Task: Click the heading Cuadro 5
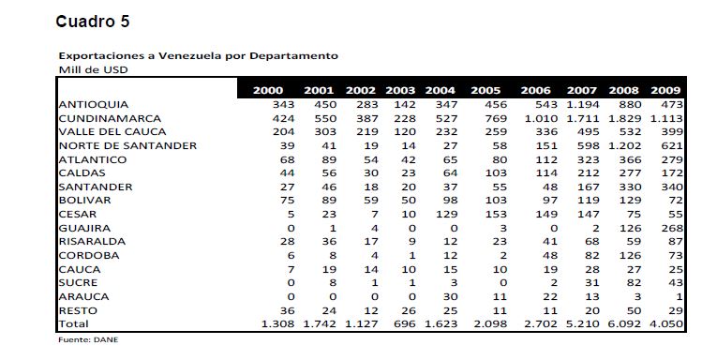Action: point(93,22)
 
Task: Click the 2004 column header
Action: point(440,90)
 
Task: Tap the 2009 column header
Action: point(665,90)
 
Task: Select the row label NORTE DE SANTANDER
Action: point(127,146)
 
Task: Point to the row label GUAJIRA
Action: point(84,228)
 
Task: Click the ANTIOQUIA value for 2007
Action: point(583,105)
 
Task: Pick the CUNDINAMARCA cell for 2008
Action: point(624,118)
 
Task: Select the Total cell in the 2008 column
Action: point(624,324)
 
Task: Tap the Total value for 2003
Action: point(404,324)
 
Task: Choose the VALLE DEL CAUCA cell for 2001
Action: point(325,132)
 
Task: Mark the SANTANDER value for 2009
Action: point(672,187)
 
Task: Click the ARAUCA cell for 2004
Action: point(450,297)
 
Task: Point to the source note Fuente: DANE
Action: point(88,340)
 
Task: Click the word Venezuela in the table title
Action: point(190,56)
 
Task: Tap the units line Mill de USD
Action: point(94,70)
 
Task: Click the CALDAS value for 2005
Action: point(496,173)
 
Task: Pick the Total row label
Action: point(74,324)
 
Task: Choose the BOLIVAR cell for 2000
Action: point(287,201)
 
